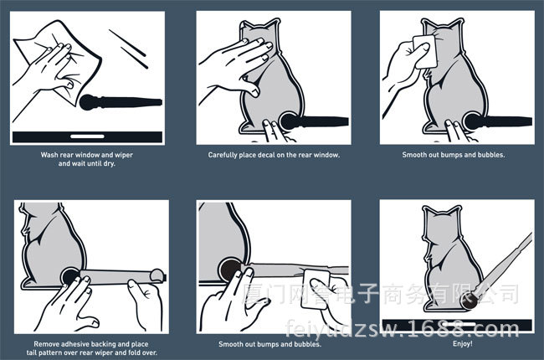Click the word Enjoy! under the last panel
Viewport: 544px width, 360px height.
462,344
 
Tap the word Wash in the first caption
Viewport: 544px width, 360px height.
49,155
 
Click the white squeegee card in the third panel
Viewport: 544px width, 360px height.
425,51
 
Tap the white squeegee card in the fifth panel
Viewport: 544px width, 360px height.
316,289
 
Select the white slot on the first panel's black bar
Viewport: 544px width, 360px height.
87,136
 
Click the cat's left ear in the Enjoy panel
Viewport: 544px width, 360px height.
429,213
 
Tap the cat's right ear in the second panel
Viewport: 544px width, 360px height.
272,27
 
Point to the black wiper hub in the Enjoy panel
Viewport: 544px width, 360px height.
470,301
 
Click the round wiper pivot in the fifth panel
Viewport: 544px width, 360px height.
229,269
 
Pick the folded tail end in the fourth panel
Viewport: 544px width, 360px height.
157,275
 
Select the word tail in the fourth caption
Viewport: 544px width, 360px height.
33,352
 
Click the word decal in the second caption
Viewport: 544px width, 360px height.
266,155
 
